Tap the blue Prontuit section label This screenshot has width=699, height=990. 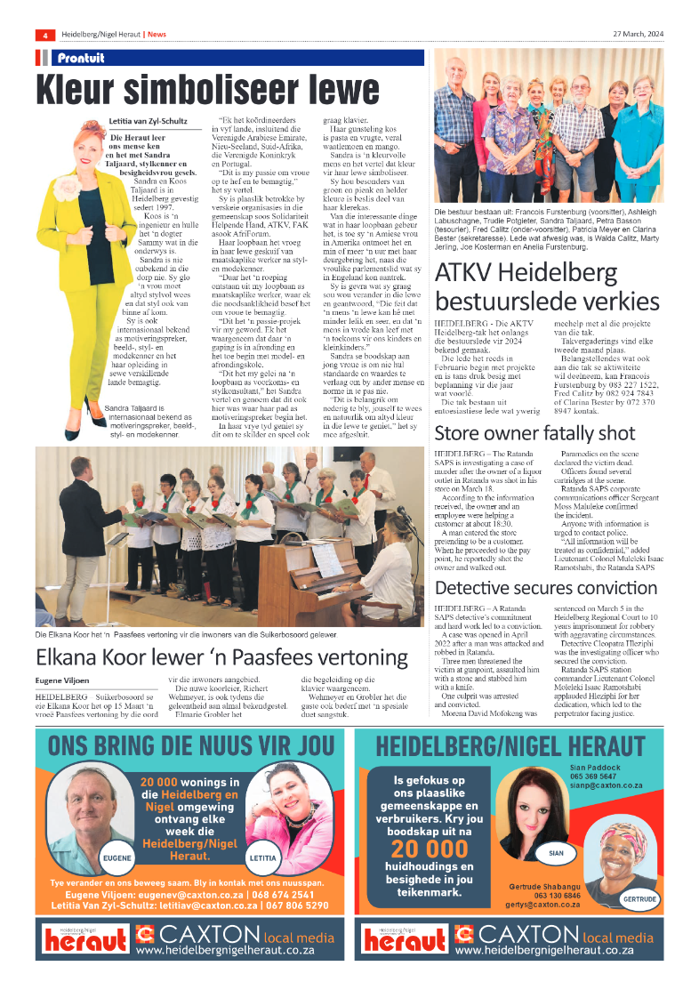(81, 58)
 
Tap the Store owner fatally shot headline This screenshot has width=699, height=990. (534, 433)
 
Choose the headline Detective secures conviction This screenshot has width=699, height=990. (545, 588)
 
